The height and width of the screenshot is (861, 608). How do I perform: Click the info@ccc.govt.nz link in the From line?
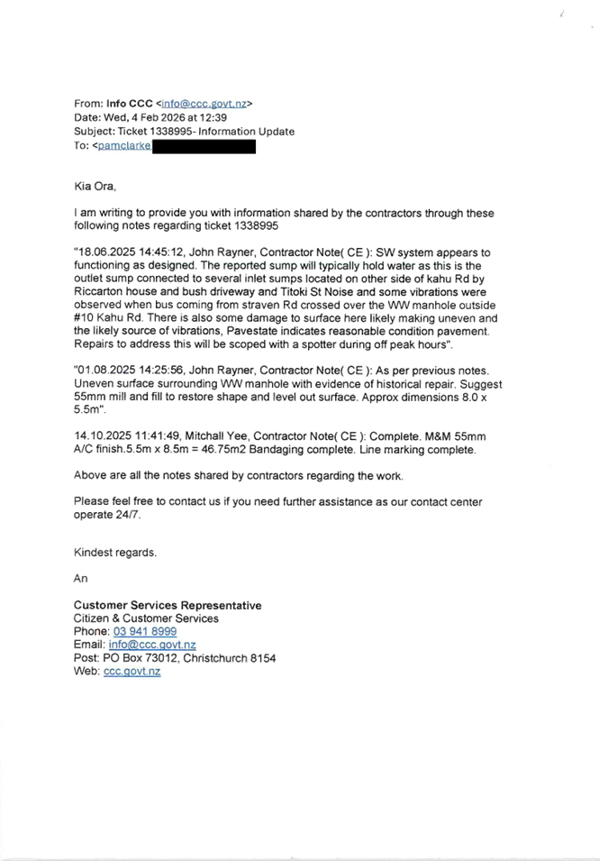[206, 105]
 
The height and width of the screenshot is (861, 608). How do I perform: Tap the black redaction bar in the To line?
[204, 146]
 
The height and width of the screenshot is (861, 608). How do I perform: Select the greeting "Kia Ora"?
[94, 187]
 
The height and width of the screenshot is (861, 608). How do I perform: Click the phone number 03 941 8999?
[145, 632]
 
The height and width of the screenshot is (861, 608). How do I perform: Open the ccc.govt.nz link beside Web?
[132, 672]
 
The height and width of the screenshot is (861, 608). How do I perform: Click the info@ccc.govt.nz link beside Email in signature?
[153, 646]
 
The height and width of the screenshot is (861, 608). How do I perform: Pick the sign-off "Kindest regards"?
[114, 553]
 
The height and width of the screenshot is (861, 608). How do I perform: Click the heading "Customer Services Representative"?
[168, 606]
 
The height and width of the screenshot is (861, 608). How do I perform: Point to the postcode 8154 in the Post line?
[264, 658]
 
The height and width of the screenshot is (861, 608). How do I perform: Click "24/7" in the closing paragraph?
[130, 515]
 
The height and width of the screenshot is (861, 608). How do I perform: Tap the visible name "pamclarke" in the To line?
[124, 146]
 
